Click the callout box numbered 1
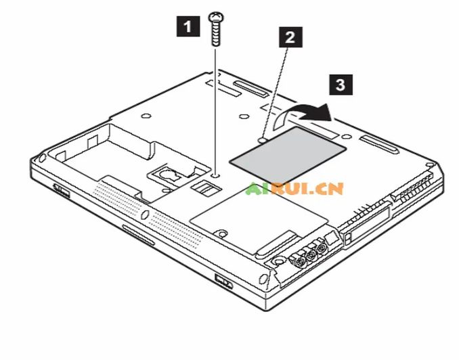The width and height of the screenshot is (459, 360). [x=188, y=26]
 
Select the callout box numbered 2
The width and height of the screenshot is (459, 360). [x=290, y=37]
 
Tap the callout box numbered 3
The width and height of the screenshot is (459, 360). [x=341, y=85]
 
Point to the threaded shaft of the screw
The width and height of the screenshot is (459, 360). [x=216, y=34]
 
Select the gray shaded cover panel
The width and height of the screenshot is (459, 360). [x=288, y=154]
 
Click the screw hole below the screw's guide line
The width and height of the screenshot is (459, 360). [x=216, y=176]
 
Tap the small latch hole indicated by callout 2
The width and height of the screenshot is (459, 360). [x=263, y=141]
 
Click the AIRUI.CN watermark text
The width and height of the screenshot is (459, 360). [x=294, y=189]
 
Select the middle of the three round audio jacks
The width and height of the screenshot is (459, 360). [x=311, y=256]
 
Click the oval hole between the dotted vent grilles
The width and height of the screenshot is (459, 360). [x=145, y=215]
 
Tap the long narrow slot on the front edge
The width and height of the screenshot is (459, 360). [x=138, y=235]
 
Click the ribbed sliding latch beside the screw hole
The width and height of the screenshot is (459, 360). [x=205, y=188]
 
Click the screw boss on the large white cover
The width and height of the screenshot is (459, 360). [x=221, y=233]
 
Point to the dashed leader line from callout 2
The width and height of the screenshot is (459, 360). [x=275, y=93]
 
